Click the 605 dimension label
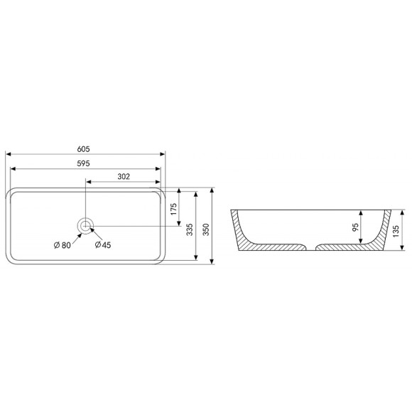(x=83, y=149)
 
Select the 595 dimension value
(x=83, y=163)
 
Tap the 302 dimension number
(x=124, y=177)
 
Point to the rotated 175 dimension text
(x=174, y=209)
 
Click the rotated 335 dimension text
(x=190, y=229)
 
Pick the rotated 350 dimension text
(x=206, y=229)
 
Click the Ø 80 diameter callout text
(x=63, y=245)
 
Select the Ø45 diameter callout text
(x=103, y=245)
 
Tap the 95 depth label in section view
(x=355, y=227)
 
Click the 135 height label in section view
(x=396, y=232)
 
